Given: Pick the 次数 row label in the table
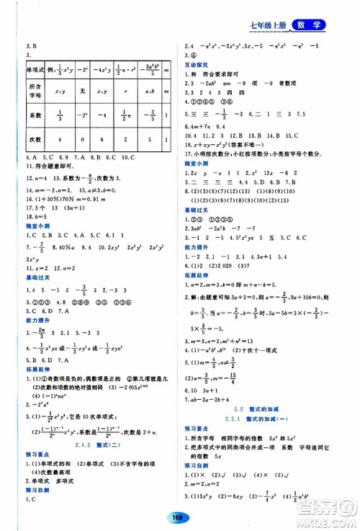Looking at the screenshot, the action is [35, 138].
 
